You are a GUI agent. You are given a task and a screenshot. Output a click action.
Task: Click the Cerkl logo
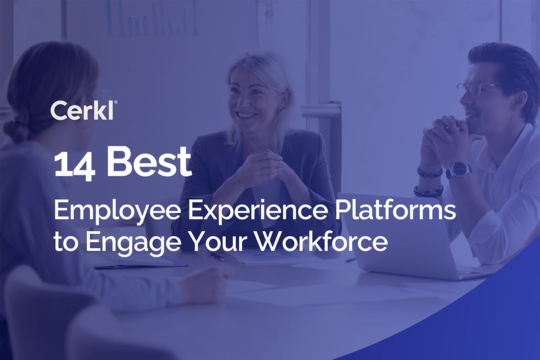[82, 110]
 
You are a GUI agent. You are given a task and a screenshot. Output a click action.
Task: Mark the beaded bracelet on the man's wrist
[428, 191]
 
